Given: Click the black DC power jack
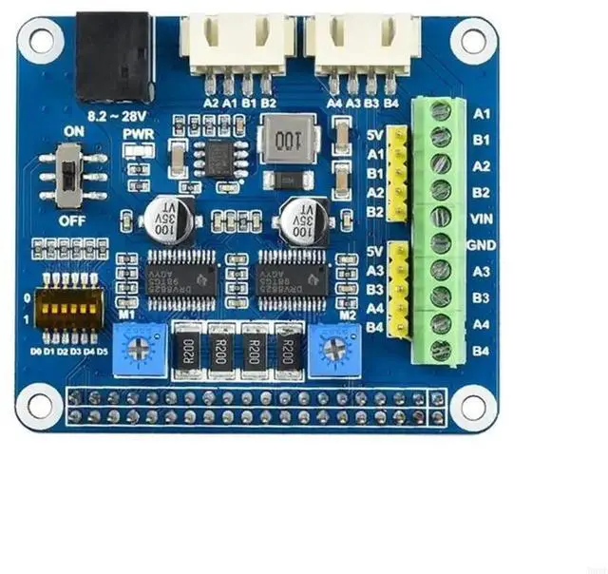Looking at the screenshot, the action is pyautogui.click(x=114, y=58).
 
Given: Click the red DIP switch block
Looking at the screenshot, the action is pyautogui.click(x=67, y=305).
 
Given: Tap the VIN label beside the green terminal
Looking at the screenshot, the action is pyautogui.click(x=481, y=218).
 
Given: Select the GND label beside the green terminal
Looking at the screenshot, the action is pyautogui.click(x=481, y=244).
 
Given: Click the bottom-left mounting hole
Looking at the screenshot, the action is pyautogui.click(x=39, y=404).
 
